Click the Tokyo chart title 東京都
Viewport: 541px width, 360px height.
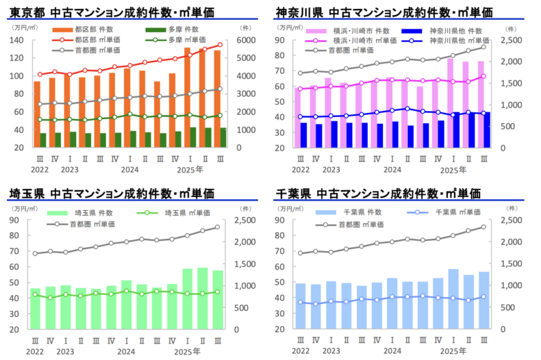[x=26, y=13]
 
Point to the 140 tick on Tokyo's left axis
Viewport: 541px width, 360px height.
[x=18, y=40]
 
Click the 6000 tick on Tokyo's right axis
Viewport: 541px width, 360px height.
[x=243, y=40]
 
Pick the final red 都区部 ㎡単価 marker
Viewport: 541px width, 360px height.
[x=220, y=45]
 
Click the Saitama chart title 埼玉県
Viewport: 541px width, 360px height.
[x=26, y=193]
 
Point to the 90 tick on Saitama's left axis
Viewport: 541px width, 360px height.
[x=19, y=220]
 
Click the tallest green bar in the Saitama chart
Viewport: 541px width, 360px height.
[x=203, y=298]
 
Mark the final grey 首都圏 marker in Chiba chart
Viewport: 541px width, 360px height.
[x=483, y=227]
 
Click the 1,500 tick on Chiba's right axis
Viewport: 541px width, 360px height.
[x=510, y=263]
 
